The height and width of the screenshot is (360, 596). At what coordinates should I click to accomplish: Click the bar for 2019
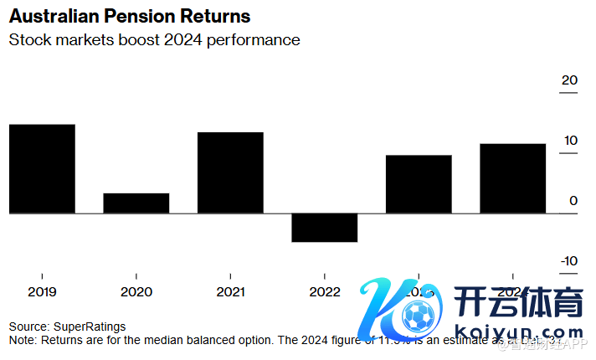click(x=42, y=169)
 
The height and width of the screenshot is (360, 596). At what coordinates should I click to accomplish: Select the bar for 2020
click(x=136, y=203)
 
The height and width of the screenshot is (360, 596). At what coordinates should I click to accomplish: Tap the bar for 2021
click(x=230, y=173)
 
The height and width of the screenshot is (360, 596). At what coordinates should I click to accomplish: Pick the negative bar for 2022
click(x=325, y=228)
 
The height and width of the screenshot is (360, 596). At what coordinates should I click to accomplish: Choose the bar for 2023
click(x=419, y=184)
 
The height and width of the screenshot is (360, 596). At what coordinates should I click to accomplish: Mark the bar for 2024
click(x=513, y=178)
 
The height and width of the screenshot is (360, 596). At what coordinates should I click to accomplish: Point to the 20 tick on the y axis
click(x=569, y=80)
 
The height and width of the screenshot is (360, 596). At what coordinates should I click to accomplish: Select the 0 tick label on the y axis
click(x=573, y=201)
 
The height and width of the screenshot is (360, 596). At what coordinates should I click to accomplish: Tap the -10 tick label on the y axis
click(x=568, y=261)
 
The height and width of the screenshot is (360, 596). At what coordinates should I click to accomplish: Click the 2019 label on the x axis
click(x=42, y=291)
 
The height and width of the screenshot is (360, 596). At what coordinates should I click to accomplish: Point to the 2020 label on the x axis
click(x=136, y=291)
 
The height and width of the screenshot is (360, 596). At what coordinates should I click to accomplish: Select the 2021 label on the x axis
click(x=230, y=291)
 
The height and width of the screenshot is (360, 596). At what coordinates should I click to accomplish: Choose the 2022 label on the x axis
click(x=325, y=291)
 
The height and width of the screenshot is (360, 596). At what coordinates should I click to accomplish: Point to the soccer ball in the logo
click(x=416, y=317)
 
